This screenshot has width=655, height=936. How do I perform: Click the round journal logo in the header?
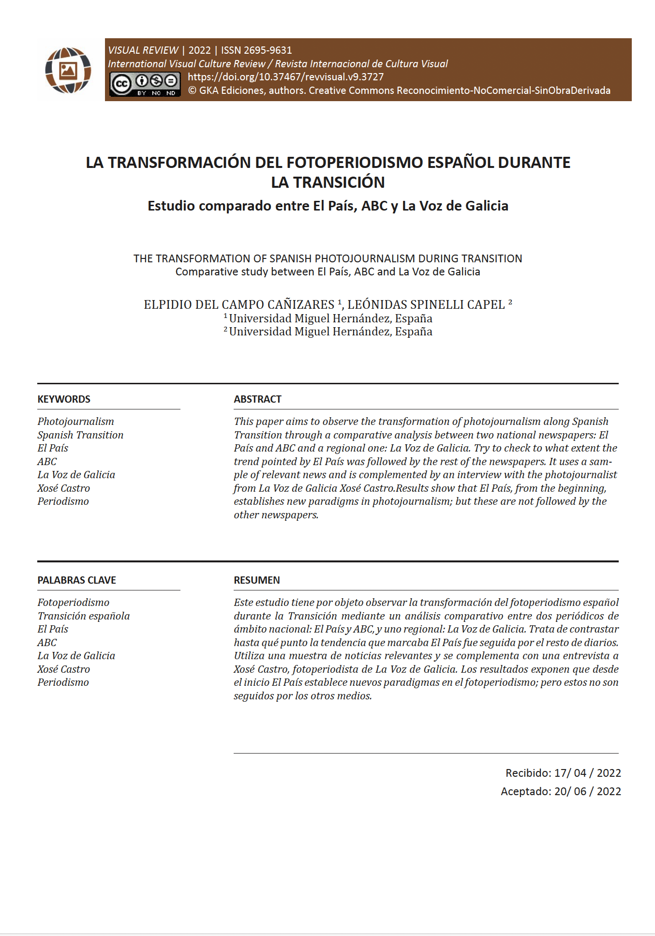click(68, 70)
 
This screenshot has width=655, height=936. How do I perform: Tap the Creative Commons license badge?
click(145, 84)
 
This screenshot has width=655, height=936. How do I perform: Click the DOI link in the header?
click(285, 77)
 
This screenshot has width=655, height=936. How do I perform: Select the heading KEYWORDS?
click(64, 399)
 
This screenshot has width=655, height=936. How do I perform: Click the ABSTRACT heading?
click(257, 399)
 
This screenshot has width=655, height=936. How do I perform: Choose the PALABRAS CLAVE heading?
click(76, 580)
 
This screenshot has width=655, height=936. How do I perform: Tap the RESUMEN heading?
click(257, 580)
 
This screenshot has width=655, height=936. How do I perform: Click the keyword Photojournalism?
click(76, 422)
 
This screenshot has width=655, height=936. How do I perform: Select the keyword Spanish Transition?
click(80, 435)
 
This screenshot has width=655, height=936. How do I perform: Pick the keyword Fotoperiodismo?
click(74, 603)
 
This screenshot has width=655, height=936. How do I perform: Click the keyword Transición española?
click(84, 616)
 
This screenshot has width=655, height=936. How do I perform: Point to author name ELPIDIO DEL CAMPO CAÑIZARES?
click(239, 305)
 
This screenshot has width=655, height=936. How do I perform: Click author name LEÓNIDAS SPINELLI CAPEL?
click(426, 305)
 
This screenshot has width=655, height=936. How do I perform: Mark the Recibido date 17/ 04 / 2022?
click(587, 773)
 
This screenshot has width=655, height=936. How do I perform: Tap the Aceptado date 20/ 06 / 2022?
click(587, 791)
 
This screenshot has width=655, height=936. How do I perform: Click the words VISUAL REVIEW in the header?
click(143, 50)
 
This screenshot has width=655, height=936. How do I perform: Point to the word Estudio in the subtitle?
click(172, 206)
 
